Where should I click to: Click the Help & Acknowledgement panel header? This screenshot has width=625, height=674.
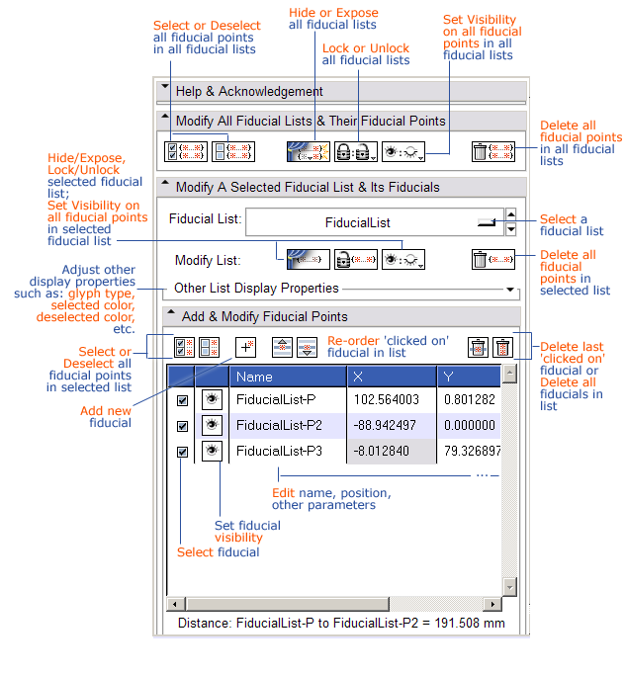point(341,92)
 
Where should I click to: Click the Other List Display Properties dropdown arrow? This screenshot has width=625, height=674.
point(510,290)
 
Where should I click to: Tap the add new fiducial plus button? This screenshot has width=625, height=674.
point(246,347)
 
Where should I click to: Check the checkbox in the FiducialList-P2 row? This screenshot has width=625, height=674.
point(182,426)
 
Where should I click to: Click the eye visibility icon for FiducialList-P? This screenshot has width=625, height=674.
point(212,399)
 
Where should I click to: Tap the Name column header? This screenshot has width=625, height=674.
point(287,376)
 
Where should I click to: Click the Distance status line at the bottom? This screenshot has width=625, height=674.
point(341,624)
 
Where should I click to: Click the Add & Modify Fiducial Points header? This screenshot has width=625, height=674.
point(341,317)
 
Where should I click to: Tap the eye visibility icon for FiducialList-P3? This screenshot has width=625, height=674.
point(212,451)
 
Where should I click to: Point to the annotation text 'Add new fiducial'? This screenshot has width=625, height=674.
point(109,416)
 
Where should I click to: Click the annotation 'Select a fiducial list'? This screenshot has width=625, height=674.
point(572,225)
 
